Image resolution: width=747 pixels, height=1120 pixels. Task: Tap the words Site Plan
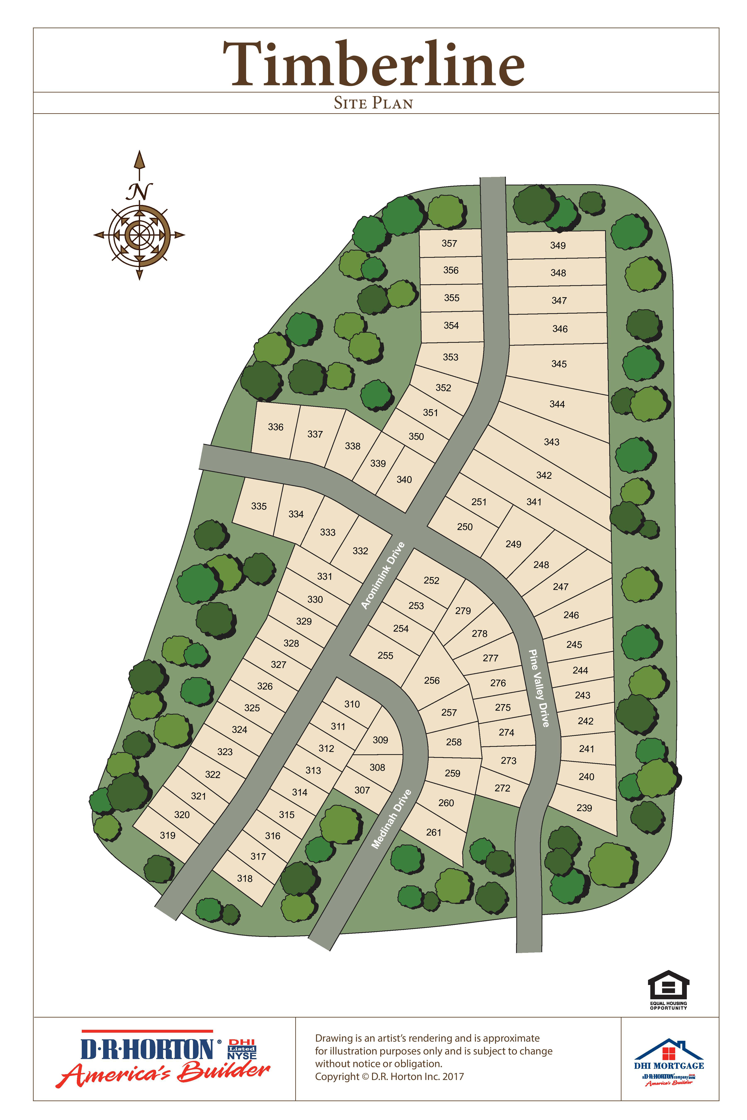373,103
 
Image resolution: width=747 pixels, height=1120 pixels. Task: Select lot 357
449,243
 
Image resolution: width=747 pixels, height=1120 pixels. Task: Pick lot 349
558,245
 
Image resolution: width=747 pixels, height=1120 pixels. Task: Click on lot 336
275,427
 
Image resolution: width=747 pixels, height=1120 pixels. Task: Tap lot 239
584,808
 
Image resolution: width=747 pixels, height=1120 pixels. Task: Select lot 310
352,704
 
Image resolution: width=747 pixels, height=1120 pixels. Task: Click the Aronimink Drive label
383,575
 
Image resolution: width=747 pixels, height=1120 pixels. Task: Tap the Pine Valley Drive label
539,688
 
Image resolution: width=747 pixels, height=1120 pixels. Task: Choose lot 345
559,364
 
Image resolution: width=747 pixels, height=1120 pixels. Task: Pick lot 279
463,610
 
